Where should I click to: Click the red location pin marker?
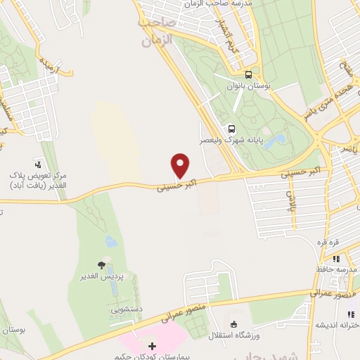click(181, 166)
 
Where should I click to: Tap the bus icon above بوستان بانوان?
click(247, 75)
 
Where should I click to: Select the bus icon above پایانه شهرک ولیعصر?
click(231, 129)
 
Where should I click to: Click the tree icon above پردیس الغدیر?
click(102, 265)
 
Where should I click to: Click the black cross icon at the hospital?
click(152, 346)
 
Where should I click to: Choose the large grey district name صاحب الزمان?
click(155, 30)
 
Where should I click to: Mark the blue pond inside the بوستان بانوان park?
click(278, 139)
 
